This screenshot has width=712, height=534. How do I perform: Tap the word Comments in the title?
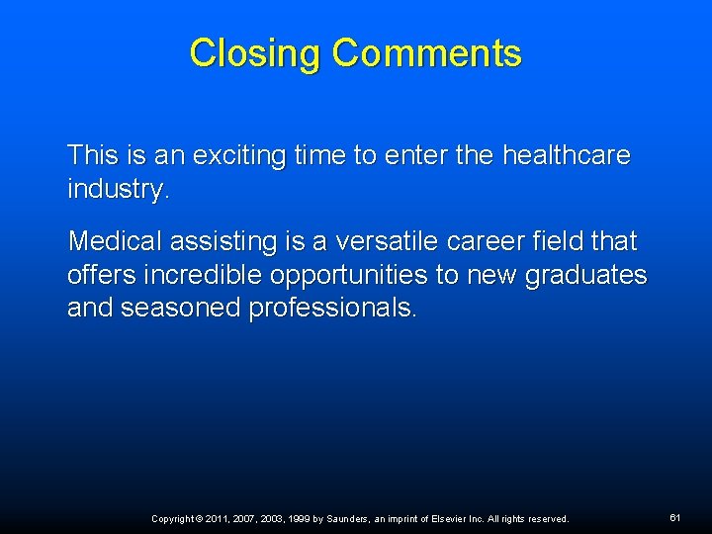[426, 53]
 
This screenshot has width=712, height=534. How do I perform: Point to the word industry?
[118, 189]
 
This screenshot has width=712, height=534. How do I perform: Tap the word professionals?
[332, 309]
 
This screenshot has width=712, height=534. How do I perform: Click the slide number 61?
[675, 517]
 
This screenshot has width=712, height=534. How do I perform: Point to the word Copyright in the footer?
[173, 519]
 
